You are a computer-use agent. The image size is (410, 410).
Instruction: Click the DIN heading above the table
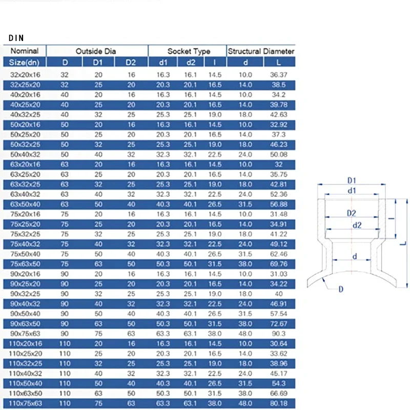(x=16, y=38)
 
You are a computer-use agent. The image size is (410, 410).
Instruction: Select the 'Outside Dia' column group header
(x=96, y=51)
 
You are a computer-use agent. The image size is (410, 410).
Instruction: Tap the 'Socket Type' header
(x=189, y=51)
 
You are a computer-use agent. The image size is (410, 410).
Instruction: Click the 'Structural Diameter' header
(x=261, y=51)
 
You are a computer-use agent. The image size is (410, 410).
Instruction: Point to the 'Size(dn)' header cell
(x=25, y=63)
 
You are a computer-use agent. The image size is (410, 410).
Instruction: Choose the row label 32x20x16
(x=25, y=75)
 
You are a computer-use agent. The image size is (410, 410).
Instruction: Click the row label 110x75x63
(x=25, y=404)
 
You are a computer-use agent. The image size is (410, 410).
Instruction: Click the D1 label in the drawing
(x=352, y=181)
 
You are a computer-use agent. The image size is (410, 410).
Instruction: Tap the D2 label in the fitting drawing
(x=351, y=212)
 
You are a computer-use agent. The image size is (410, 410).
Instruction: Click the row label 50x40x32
(x=25, y=154)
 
